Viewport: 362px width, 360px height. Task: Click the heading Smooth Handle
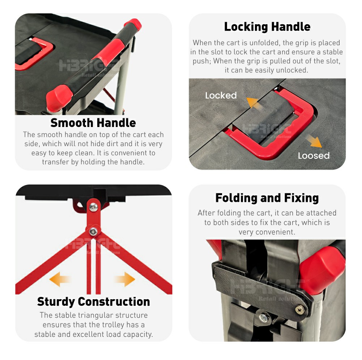[93, 123]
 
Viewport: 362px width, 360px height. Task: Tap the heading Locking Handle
[267, 27]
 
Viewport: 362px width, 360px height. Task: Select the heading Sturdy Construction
[93, 301]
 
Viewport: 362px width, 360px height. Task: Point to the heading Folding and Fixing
[267, 198]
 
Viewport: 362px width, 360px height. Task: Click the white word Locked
[221, 96]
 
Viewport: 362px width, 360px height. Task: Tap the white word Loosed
[314, 156]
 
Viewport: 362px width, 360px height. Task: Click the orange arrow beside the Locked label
[254, 102]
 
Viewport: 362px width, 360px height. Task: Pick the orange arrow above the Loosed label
[313, 141]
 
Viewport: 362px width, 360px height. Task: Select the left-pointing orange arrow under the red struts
[60, 279]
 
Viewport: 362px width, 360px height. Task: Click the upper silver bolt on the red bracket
[94, 207]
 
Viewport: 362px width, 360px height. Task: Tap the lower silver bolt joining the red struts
[93, 231]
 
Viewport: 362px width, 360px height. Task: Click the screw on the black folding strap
[299, 309]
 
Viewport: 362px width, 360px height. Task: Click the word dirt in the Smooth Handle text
[111, 144]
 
